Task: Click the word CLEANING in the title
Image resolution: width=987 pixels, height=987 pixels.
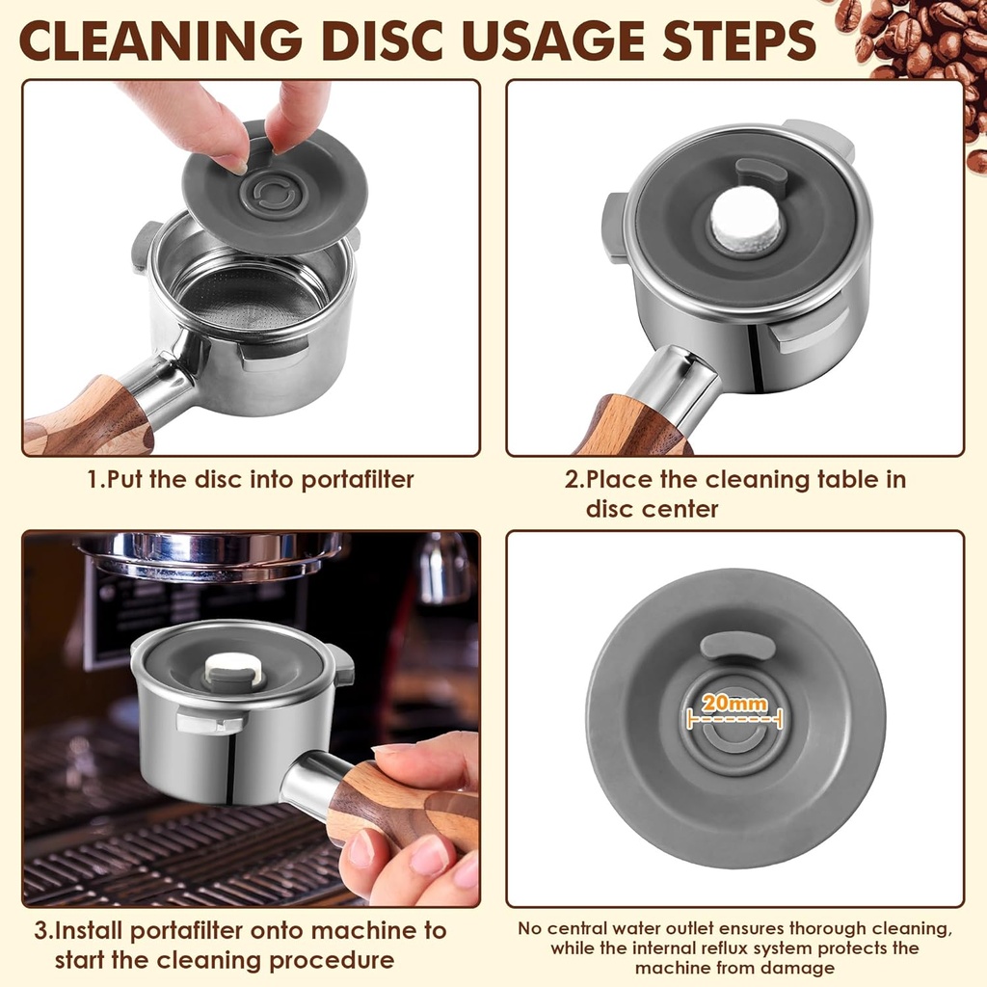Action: coord(161,40)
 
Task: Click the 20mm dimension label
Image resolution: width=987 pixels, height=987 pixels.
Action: coord(734,703)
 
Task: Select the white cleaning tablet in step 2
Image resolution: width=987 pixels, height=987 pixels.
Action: coord(746,221)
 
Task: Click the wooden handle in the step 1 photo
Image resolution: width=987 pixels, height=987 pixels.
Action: coord(88,418)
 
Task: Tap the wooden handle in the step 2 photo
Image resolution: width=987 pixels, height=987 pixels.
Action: coord(632,428)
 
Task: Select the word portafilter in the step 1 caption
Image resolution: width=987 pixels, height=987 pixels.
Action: coord(357,480)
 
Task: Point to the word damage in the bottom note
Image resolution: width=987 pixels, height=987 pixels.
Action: coord(800,969)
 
